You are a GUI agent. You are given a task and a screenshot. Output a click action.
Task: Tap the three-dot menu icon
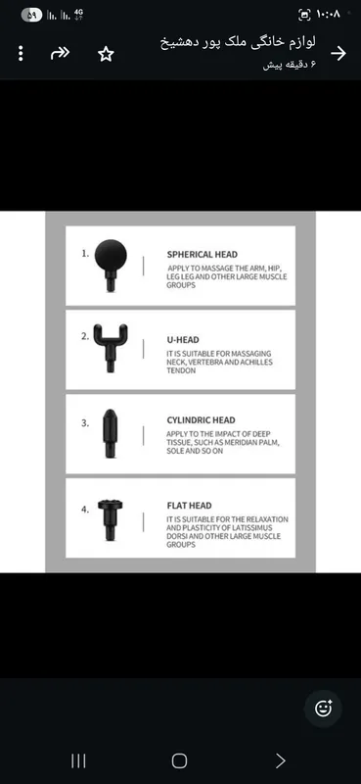(21, 54)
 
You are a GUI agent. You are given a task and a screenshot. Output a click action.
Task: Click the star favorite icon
(106, 54)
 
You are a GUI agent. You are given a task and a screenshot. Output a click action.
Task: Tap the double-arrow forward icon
(60, 53)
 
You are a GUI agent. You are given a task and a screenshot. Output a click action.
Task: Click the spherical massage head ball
(111, 256)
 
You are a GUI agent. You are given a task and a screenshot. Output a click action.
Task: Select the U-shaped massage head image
(111, 348)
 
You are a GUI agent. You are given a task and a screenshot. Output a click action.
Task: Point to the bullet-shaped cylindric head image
(110, 433)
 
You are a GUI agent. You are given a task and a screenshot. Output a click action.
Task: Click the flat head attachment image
(111, 519)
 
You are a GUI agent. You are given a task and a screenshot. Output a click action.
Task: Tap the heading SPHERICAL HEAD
(203, 255)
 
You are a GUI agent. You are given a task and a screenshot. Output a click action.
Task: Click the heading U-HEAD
(183, 340)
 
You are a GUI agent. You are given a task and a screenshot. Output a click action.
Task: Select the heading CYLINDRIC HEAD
(201, 420)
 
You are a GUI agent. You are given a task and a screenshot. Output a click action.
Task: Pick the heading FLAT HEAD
(189, 506)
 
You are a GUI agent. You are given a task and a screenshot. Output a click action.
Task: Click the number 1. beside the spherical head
(85, 253)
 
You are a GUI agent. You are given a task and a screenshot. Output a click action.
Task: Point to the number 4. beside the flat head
(85, 510)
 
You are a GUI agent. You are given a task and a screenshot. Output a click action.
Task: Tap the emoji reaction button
(323, 708)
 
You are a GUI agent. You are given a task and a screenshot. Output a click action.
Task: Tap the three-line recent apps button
(78, 761)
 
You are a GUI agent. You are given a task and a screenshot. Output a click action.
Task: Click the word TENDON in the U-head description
(181, 371)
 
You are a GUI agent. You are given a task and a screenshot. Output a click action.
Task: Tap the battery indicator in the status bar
(31, 15)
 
